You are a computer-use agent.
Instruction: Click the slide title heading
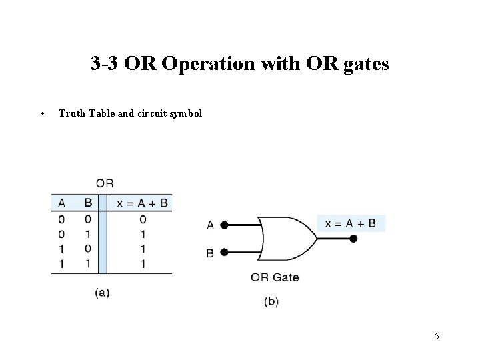239,65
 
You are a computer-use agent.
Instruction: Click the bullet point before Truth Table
42,113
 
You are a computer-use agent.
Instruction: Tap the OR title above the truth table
105,183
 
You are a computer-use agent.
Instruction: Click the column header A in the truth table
61,203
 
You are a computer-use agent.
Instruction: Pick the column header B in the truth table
87,203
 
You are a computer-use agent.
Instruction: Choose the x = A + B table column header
143,203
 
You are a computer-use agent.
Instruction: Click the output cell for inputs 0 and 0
143,219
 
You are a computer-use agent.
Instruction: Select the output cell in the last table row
143,263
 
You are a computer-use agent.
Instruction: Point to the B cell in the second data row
87,234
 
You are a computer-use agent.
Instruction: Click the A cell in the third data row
61,249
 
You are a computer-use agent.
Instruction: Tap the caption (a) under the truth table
102,292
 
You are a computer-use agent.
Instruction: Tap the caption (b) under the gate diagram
271,301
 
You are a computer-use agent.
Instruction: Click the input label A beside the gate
211,225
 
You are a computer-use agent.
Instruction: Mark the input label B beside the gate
211,253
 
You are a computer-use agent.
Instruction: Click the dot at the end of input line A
225,225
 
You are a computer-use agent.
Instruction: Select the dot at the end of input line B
225,252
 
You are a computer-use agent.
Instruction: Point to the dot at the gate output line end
353,239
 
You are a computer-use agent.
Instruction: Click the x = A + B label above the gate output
351,223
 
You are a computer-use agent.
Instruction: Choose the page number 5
437,336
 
